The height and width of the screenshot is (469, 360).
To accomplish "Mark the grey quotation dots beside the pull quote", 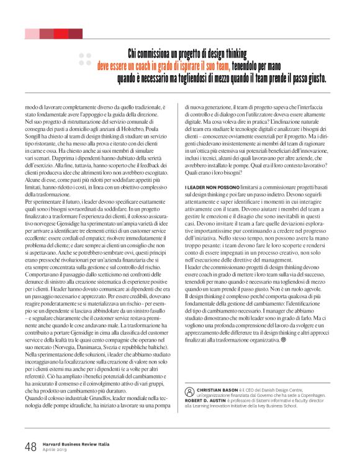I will tap(86, 60).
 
